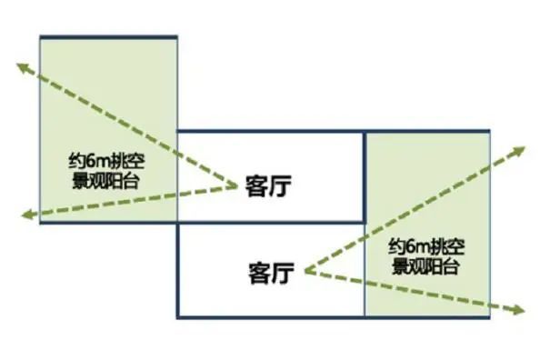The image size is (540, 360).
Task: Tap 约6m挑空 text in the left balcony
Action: [x=107, y=163]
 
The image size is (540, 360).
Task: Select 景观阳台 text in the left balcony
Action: [x=107, y=180]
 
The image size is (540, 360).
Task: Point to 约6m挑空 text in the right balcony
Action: [x=425, y=248]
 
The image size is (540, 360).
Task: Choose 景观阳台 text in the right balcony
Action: [x=425, y=266]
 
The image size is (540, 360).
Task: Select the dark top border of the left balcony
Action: [x=107, y=36]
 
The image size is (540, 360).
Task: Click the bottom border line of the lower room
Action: [x=273, y=316]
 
